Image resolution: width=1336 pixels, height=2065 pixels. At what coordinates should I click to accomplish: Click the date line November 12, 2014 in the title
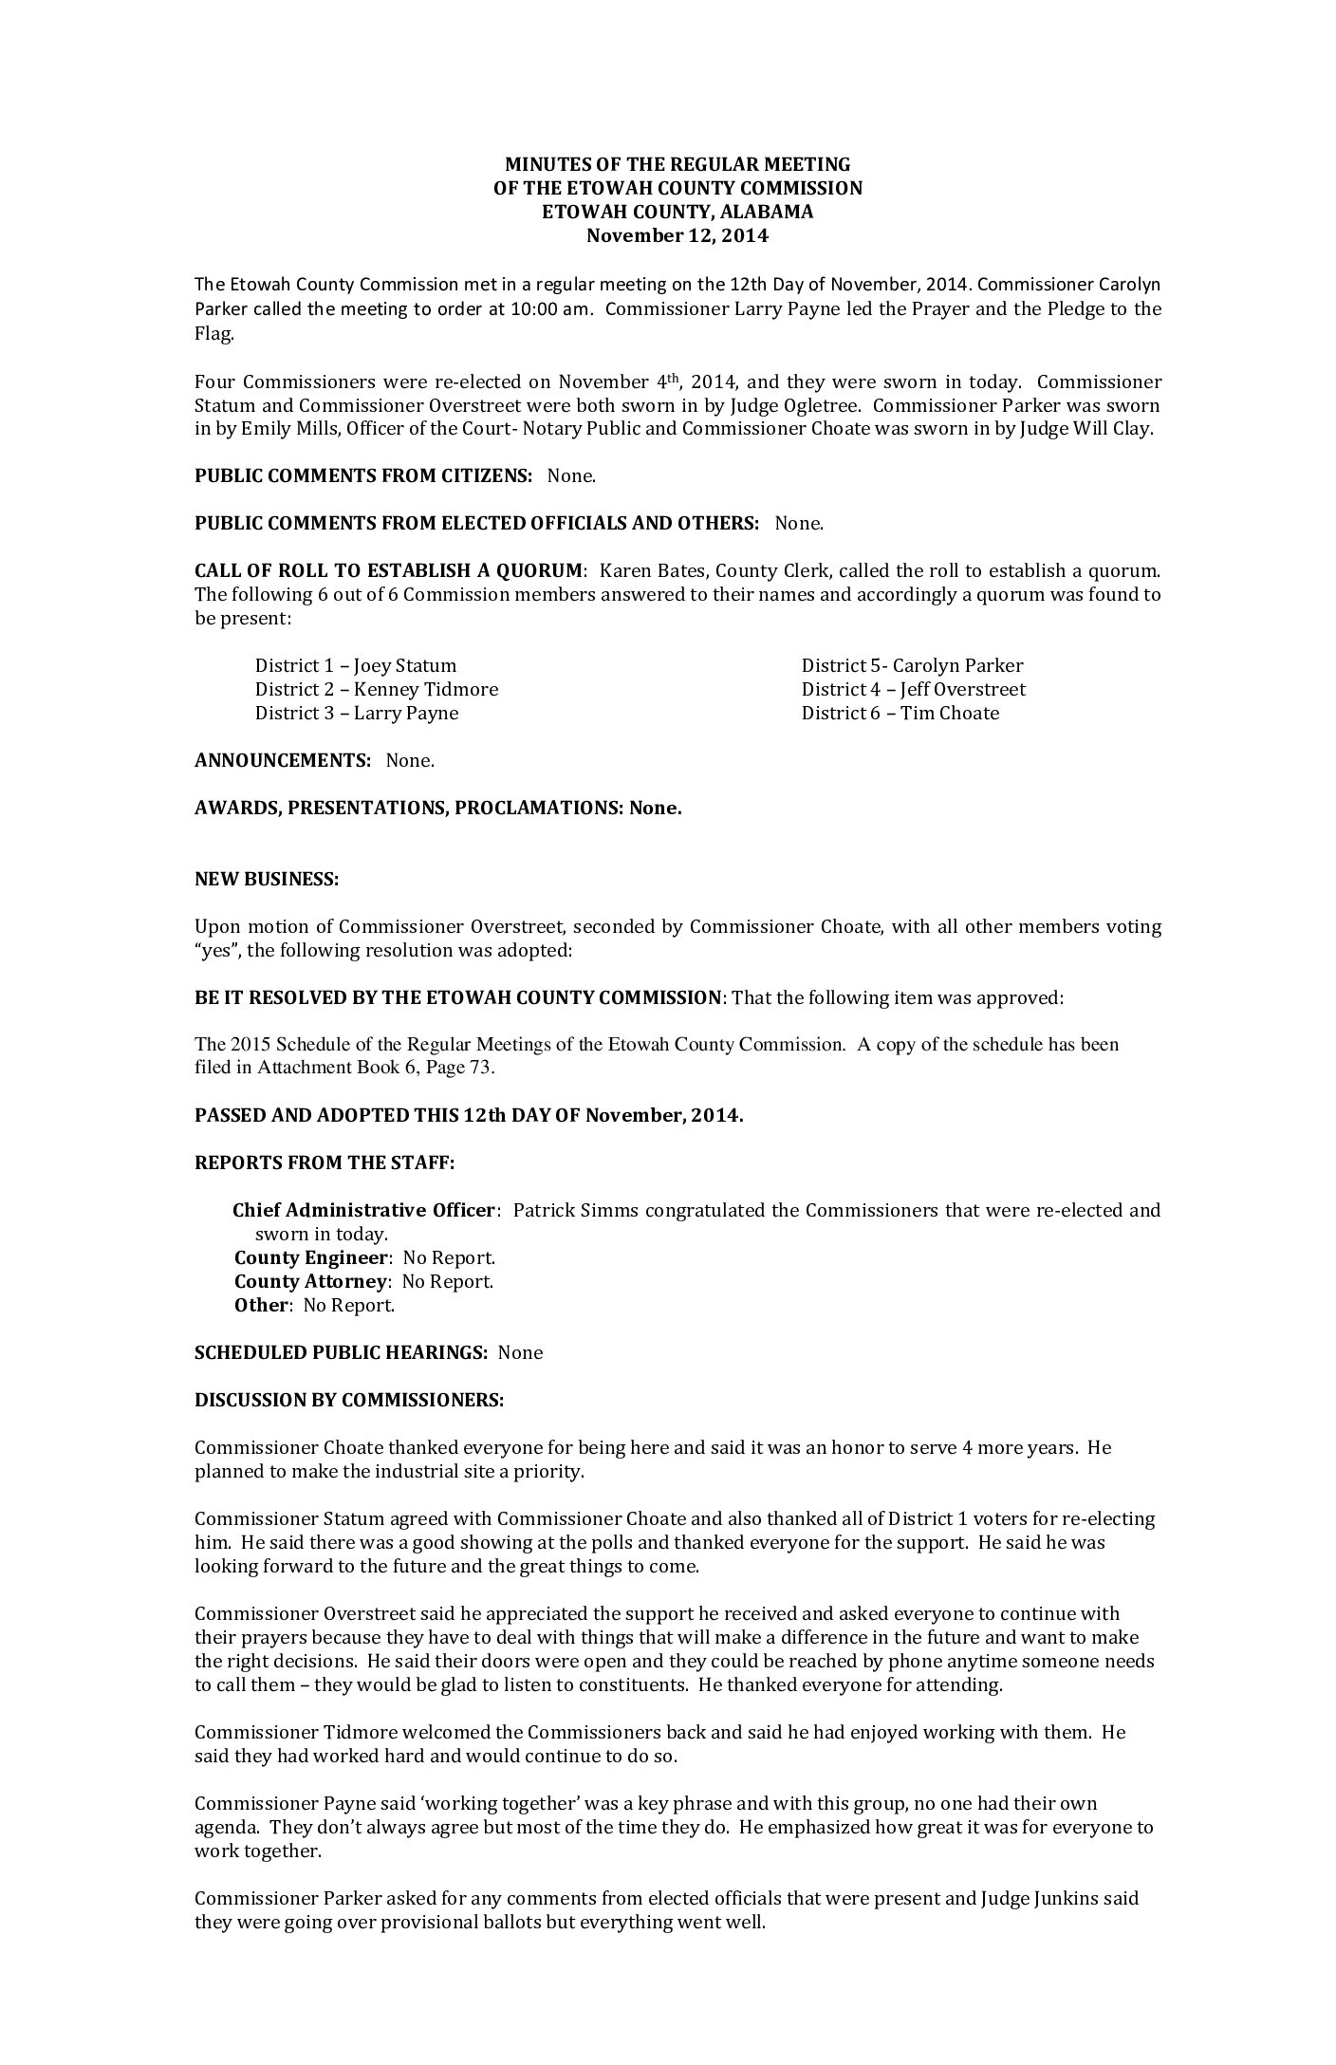(677, 235)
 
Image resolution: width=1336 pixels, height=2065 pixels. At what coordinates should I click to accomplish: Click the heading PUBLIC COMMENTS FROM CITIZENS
(362, 475)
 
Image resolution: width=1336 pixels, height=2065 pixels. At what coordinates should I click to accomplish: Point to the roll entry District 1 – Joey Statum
(356, 665)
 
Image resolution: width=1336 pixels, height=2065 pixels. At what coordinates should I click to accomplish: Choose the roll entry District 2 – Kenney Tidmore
(377, 689)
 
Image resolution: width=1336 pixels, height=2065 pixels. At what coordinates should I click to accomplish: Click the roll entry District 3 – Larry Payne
(357, 713)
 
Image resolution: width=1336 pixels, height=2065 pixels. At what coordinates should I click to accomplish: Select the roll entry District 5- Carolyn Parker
(912, 665)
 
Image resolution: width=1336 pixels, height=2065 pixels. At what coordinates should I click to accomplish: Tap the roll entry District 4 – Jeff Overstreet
(913, 689)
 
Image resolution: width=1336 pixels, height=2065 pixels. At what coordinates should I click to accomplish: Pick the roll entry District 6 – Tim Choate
(900, 713)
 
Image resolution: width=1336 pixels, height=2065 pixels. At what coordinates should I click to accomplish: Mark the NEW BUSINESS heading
(267, 879)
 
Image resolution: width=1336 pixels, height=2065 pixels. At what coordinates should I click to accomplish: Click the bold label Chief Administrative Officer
(363, 1210)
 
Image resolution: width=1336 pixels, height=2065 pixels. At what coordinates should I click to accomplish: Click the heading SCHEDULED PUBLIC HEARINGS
(340, 1352)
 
